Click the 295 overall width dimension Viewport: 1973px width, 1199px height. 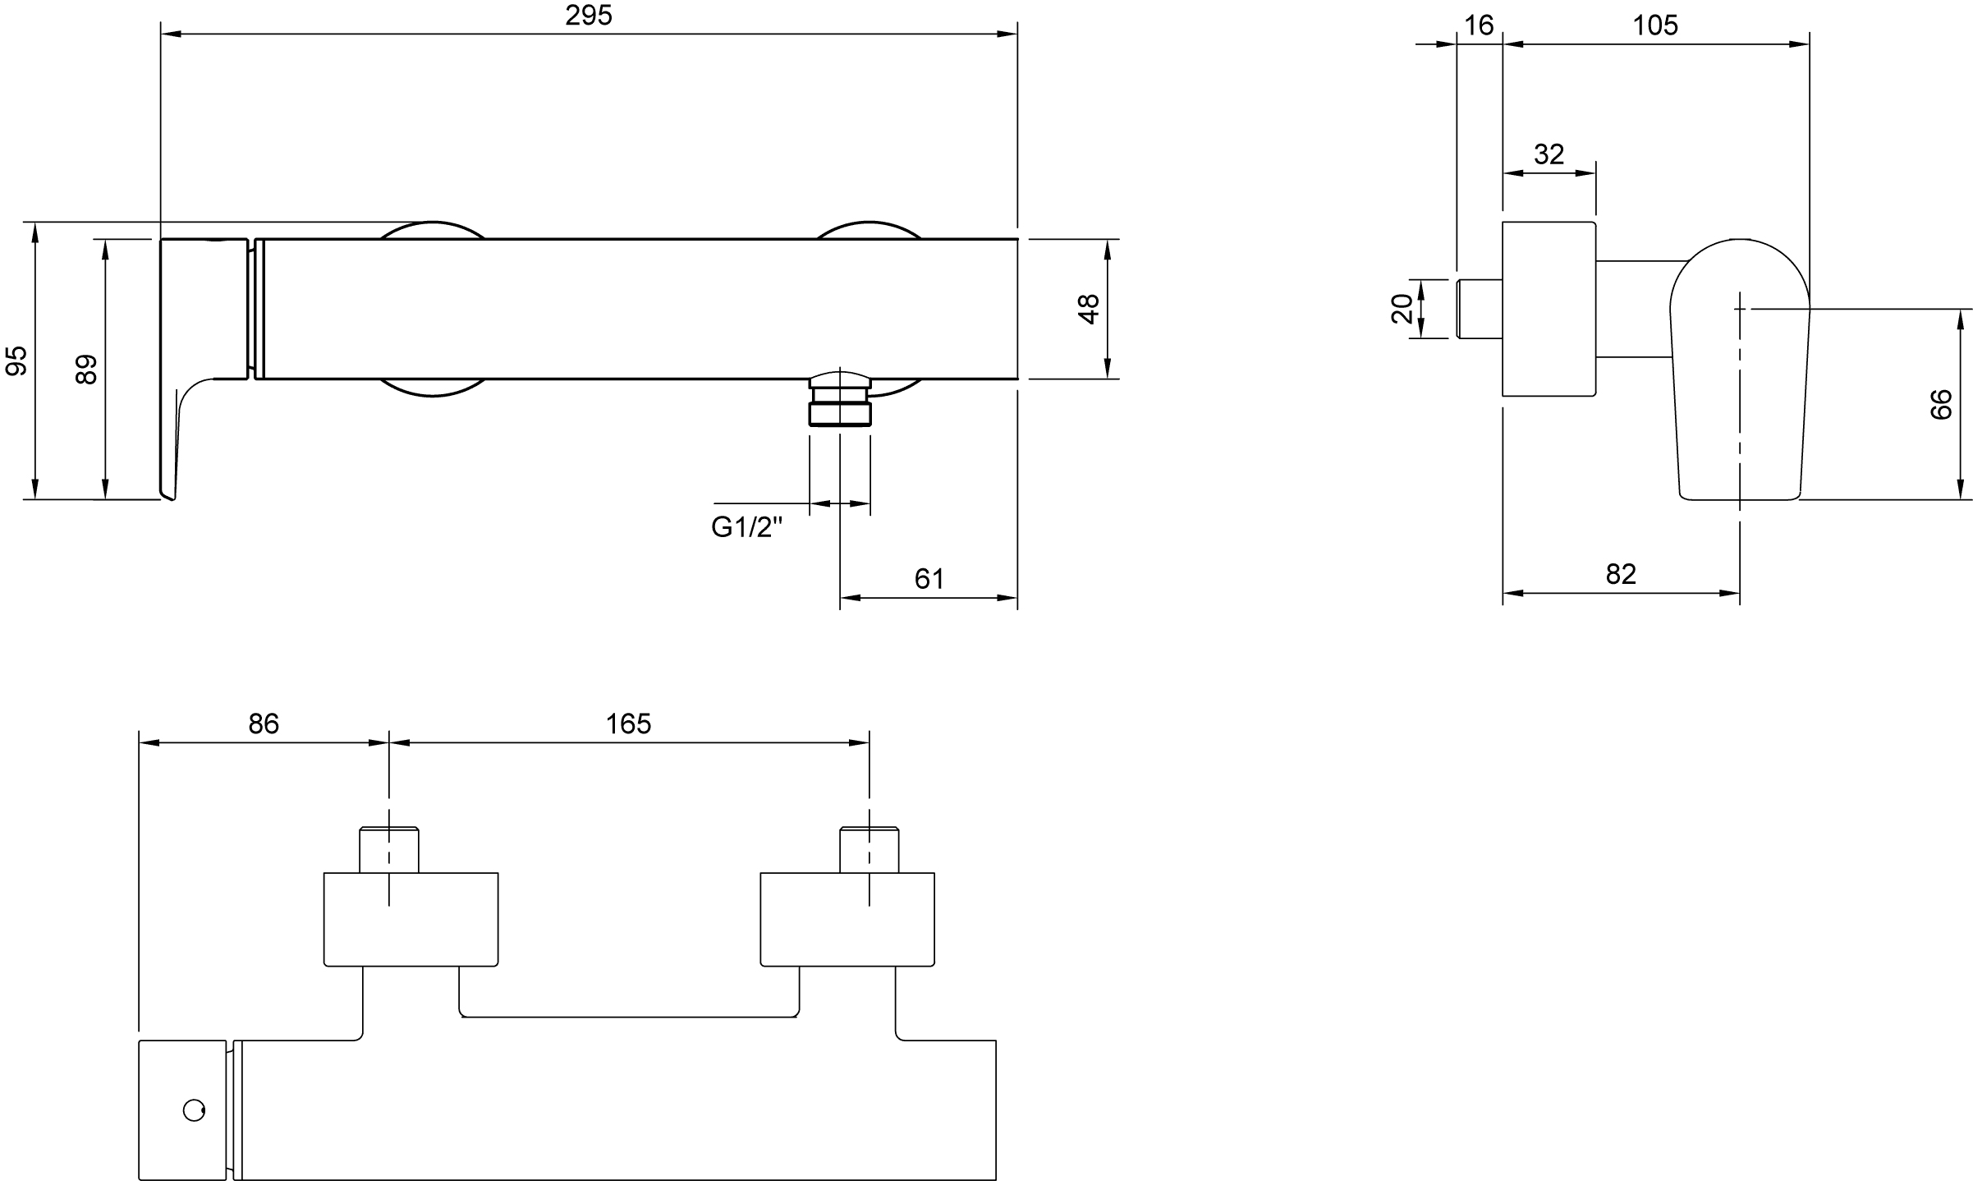pyautogui.click(x=589, y=16)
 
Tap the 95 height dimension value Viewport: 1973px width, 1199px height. pyautogui.click(x=16, y=361)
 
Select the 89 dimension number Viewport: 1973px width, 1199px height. pyautogui.click(x=86, y=369)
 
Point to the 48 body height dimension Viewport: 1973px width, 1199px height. pyautogui.click(x=1088, y=309)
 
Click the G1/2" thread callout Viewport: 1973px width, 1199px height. pyautogui.click(x=747, y=527)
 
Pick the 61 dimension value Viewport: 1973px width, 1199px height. pyautogui.click(x=929, y=579)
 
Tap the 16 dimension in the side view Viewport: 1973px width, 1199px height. pyautogui.click(x=1479, y=25)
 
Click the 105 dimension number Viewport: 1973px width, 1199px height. pyautogui.click(x=1655, y=25)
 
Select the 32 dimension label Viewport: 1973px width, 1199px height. pyautogui.click(x=1549, y=154)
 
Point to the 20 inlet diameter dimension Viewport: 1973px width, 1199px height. pyautogui.click(x=1402, y=309)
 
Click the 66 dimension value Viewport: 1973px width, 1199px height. pyautogui.click(x=1941, y=405)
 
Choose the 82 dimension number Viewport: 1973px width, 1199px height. pyautogui.click(x=1621, y=574)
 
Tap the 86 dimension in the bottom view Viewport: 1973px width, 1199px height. pyautogui.click(x=264, y=724)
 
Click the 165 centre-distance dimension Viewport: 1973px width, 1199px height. pyautogui.click(x=628, y=724)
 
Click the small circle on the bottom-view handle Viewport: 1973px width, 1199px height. pyautogui.click(x=194, y=1111)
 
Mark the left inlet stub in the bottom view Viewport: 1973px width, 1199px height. pyautogui.click(x=389, y=849)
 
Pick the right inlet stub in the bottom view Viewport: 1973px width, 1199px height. pyautogui.click(x=869, y=849)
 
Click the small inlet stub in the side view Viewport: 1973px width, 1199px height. pyautogui.click(x=1480, y=309)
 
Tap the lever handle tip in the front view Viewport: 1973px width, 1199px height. pyautogui.click(x=170, y=496)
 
